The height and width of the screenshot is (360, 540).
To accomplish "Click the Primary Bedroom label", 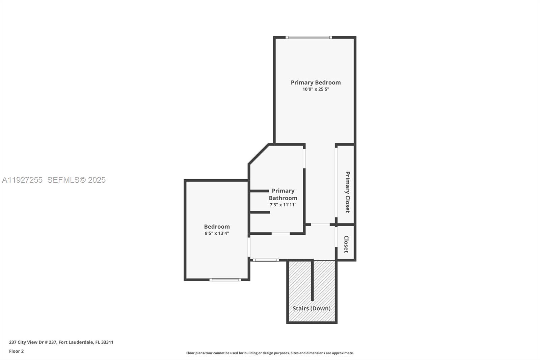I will click(x=316, y=82).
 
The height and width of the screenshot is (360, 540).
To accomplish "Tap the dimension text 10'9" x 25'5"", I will click(x=316, y=89).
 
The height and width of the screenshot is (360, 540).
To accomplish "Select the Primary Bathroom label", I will click(x=283, y=195).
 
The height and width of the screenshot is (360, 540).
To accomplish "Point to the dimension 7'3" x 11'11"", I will click(x=283, y=205).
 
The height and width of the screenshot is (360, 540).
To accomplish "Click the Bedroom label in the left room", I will click(x=217, y=227).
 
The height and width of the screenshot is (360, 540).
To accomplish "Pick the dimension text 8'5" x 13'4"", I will click(x=217, y=233).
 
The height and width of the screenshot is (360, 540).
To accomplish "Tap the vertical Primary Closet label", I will click(x=347, y=192).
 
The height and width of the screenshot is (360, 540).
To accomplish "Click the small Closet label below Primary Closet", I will click(x=346, y=244).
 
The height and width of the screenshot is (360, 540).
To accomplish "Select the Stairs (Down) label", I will click(x=311, y=308).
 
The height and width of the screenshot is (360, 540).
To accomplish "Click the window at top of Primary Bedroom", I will click(x=308, y=37).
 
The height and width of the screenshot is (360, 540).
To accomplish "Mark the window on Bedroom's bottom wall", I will click(x=225, y=280).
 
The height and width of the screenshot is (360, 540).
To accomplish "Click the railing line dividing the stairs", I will click(x=312, y=280).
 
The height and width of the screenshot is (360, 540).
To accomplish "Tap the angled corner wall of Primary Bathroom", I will click(x=259, y=154).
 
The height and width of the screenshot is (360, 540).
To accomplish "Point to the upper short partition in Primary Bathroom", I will click(x=259, y=191).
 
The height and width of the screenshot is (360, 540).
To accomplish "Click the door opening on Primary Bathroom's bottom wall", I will click(x=280, y=234).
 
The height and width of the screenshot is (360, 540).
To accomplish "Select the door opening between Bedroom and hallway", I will click(x=249, y=247).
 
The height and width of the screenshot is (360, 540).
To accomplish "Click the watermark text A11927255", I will click(x=22, y=180).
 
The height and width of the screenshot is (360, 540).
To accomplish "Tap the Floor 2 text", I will click(x=16, y=351).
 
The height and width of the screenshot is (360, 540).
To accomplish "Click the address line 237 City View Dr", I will click(x=61, y=342).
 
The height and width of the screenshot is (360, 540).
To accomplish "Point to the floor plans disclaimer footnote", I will click(x=270, y=353).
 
